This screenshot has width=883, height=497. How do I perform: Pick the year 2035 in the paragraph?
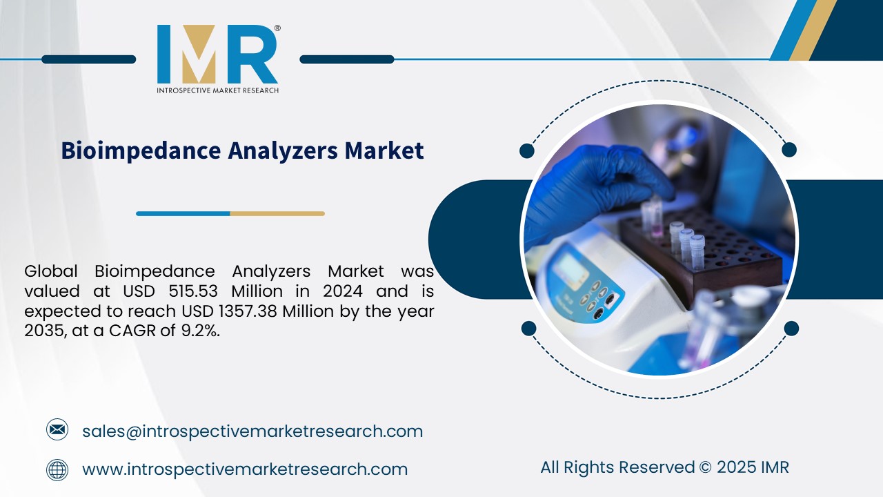pos(43,331)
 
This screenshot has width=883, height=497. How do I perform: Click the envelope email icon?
pos(57,431)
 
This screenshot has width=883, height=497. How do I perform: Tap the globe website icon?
pos(57,470)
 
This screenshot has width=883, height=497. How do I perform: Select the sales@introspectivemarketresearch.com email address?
pos(252,431)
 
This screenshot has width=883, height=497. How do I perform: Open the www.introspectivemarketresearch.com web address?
pos(245,470)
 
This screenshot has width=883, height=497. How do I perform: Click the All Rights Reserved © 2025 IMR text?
pos(664,467)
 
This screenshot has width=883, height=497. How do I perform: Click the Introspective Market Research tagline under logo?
pos(217,90)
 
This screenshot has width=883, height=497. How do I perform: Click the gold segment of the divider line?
pos(277,214)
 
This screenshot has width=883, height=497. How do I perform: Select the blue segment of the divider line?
pos(183,214)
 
